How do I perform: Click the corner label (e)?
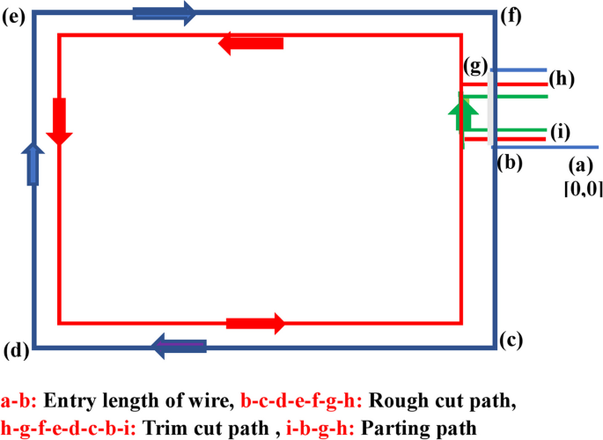click(14, 16)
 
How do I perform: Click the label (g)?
click(475, 68)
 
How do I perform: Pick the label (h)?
click(561, 79)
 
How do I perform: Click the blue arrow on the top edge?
click(165, 12)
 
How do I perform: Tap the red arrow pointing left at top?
click(251, 43)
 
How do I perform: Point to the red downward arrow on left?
click(59, 121)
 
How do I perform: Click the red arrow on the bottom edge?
click(255, 323)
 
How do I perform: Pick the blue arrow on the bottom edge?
click(180, 347)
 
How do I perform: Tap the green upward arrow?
click(458, 114)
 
